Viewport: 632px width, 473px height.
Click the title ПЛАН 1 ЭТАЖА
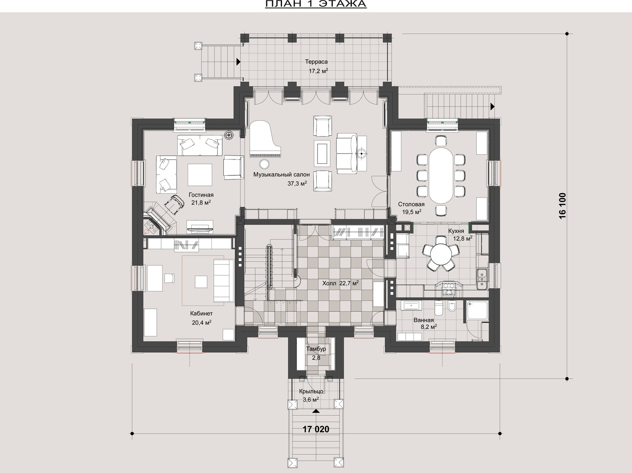pyautogui.click(x=316, y=4)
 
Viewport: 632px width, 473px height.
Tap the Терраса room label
pyautogui.click(x=316, y=62)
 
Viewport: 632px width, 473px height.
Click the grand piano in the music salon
pyautogui.click(x=265, y=139)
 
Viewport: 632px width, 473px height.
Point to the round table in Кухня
pyautogui.click(x=441, y=253)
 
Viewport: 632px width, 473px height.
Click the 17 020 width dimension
pyautogui.click(x=316, y=437)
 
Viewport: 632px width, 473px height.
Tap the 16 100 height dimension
pyautogui.click(x=562, y=206)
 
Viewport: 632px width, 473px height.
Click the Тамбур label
pyautogui.click(x=316, y=349)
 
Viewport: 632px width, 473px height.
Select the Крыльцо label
pyautogui.click(x=311, y=391)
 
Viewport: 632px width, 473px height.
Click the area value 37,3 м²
pyautogui.click(x=297, y=183)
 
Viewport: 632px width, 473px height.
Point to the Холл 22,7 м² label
pyautogui.click(x=340, y=283)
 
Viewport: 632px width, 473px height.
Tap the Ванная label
pyautogui.click(x=423, y=320)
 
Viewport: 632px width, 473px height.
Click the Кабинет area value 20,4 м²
pyautogui.click(x=201, y=323)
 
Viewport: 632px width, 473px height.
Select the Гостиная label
pyautogui.click(x=201, y=195)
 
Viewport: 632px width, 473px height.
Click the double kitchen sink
pyautogui.click(x=482, y=280)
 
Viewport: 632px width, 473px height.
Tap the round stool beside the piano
pyautogui.click(x=264, y=164)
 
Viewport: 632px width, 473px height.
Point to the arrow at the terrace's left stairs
pyautogui.click(x=238, y=61)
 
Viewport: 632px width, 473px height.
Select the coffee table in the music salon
pyautogui.click(x=322, y=153)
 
